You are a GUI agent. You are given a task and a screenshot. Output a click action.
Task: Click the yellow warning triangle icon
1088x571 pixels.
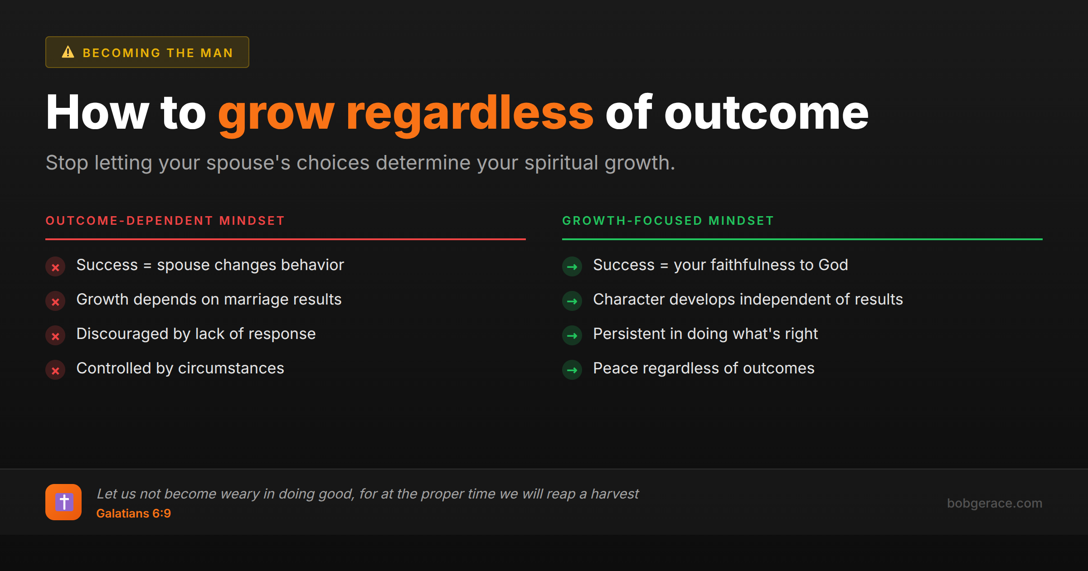point(68,52)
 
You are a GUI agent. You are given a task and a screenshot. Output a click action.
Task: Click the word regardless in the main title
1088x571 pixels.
point(470,113)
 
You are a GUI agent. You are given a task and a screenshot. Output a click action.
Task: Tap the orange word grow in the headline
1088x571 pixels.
point(276,113)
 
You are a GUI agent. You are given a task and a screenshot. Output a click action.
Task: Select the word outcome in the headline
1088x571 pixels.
point(766,113)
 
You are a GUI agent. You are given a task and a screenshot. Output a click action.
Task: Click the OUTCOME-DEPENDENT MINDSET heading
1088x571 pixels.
point(165,221)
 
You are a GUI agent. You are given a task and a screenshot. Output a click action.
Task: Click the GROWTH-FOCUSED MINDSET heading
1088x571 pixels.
point(668,221)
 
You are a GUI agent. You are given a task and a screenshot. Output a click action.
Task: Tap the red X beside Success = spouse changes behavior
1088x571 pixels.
point(55,267)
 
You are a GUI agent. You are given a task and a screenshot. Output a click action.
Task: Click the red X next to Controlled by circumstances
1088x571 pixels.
point(55,370)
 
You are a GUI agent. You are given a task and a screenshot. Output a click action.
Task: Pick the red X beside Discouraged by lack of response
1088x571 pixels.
point(55,336)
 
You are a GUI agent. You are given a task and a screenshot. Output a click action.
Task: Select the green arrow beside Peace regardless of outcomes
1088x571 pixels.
point(572,370)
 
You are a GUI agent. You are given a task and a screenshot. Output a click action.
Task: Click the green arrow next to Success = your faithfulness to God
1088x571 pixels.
point(572,267)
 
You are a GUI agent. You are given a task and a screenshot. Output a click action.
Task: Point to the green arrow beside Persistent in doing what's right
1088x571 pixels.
point(572,336)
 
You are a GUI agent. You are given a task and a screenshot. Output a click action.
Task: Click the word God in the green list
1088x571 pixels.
point(833,265)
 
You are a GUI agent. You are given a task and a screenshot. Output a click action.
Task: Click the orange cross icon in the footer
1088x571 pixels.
point(63,502)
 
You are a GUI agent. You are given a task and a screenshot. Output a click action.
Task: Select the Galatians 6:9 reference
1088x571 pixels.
point(134,513)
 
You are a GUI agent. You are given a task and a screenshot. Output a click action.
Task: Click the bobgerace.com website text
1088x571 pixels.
point(994,503)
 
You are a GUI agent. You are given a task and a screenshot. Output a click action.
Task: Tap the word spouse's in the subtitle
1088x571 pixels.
point(248,163)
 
